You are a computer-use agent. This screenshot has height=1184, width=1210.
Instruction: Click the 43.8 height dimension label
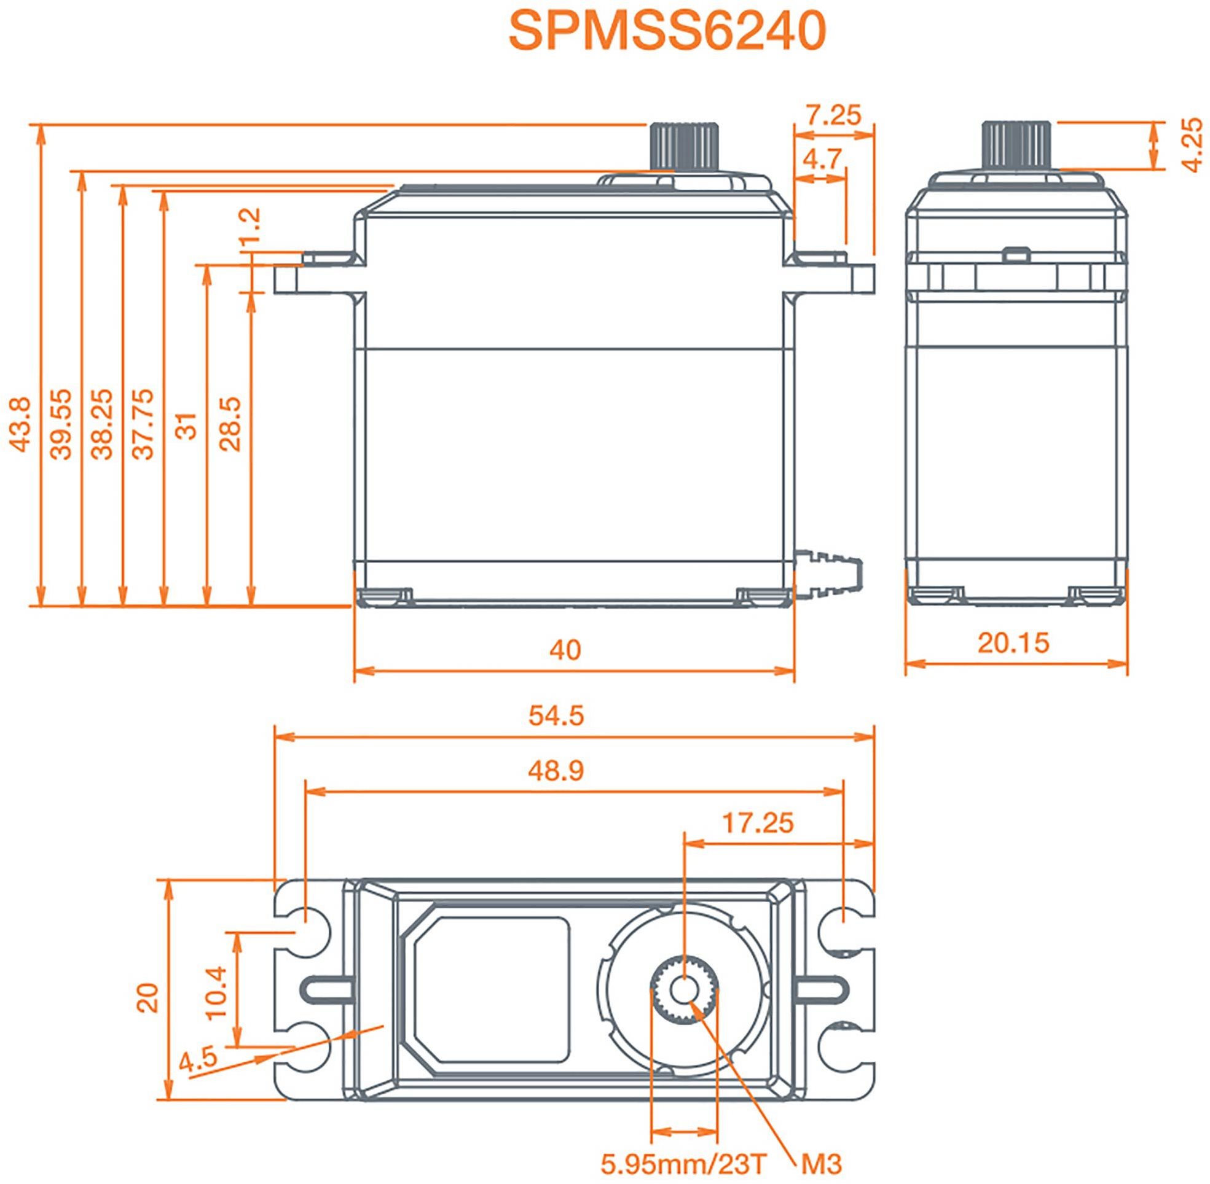click(x=20, y=425)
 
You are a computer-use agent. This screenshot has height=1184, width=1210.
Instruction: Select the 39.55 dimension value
click(x=61, y=425)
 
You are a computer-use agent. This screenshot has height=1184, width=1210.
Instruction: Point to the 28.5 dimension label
click(x=231, y=425)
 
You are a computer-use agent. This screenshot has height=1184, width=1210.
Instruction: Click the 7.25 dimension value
click(x=835, y=115)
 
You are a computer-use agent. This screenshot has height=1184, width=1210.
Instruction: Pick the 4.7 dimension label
click(x=822, y=158)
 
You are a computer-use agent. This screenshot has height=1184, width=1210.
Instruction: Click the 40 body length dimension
click(x=565, y=650)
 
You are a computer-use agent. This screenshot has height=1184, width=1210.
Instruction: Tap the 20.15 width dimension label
click(x=1013, y=643)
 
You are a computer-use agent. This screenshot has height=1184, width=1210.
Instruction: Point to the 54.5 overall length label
click(x=556, y=716)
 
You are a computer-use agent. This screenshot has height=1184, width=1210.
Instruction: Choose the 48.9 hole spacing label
click(x=556, y=771)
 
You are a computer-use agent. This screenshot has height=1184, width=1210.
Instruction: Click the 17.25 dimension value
click(x=758, y=824)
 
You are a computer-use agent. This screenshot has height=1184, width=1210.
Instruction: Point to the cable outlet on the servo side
click(x=830, y=571)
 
